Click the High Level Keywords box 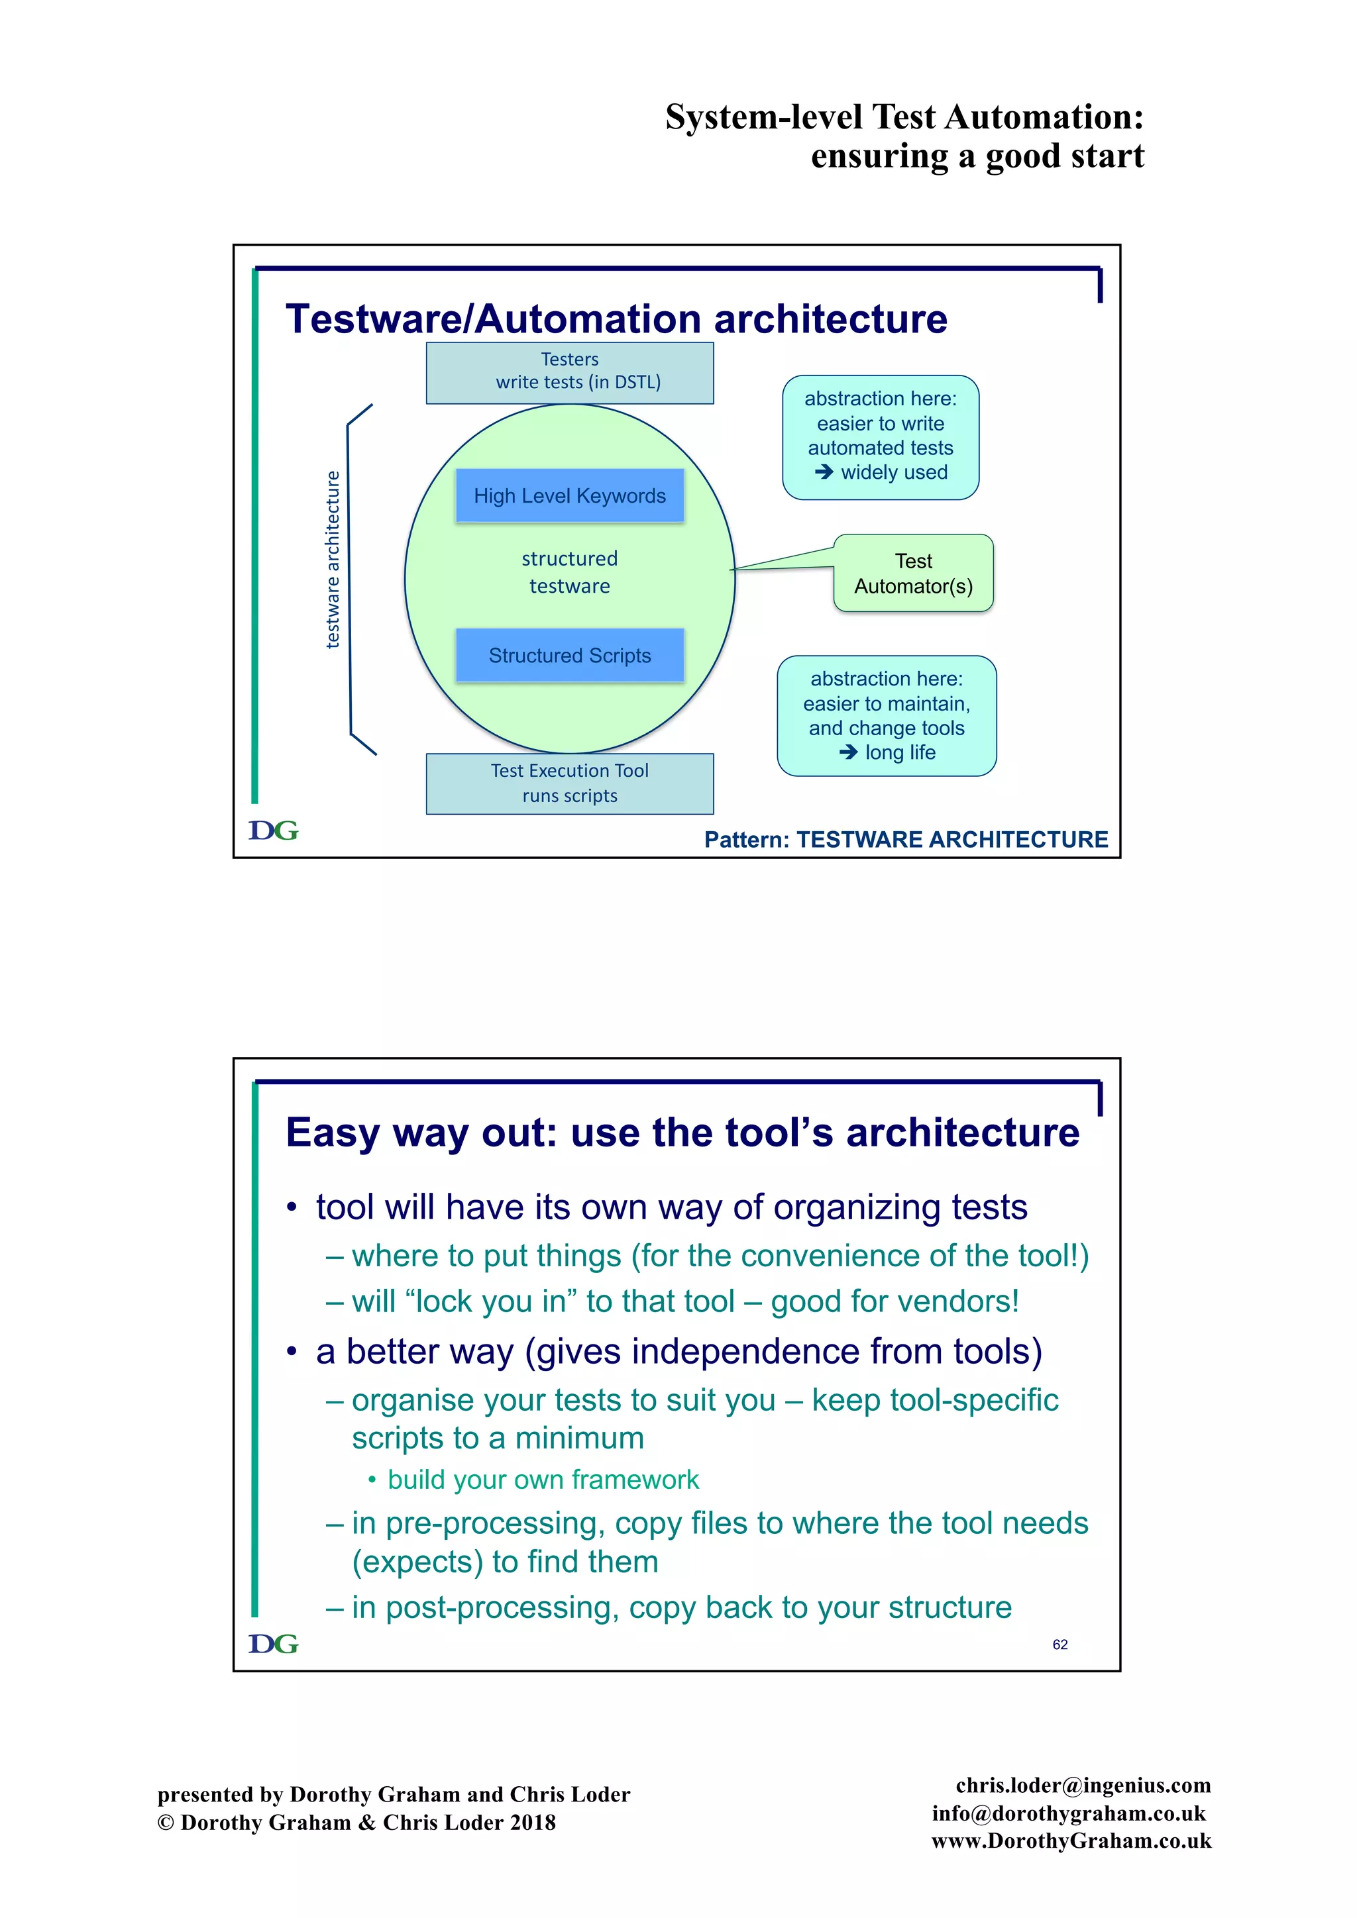(569, 495)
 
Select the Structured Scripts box (569, 655)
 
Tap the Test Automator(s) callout (913, 573)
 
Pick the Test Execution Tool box (569, 783)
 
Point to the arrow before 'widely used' (824, 472)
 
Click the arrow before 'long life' (848, 752)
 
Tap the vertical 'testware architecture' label (333, 560)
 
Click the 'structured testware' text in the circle (569, 572)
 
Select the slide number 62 (1059, 1644)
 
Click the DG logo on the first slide (273, 831)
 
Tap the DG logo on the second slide (273, 1643)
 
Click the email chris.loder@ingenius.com (1083, 1785)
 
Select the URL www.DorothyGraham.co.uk (1071, 1841)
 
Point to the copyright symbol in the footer (166, 1823)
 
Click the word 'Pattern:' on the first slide (746, 840)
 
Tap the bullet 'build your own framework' (543, 1480)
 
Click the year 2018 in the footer (532, 1823)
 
